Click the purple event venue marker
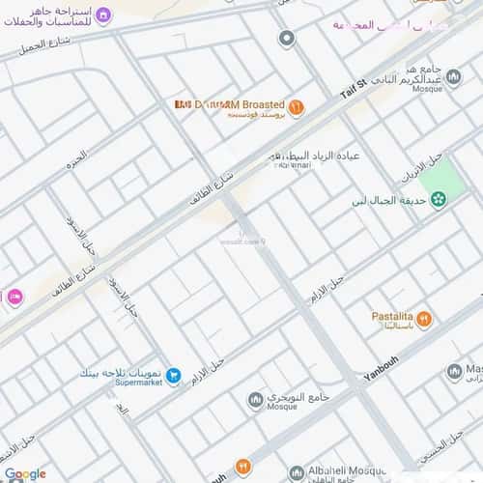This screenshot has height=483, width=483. click(104, 15)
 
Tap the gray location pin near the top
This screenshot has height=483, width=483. click(286, 39)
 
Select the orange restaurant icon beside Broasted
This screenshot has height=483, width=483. click(296, 107)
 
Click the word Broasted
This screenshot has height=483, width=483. click(251, 104)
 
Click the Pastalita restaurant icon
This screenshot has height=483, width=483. click(424, 318)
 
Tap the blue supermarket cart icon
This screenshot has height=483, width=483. click(173, 375)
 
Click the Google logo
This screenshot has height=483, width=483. click(24, 473)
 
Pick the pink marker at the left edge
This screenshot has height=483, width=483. click(14, 298)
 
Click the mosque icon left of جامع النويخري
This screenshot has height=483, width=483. click(255, 399)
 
